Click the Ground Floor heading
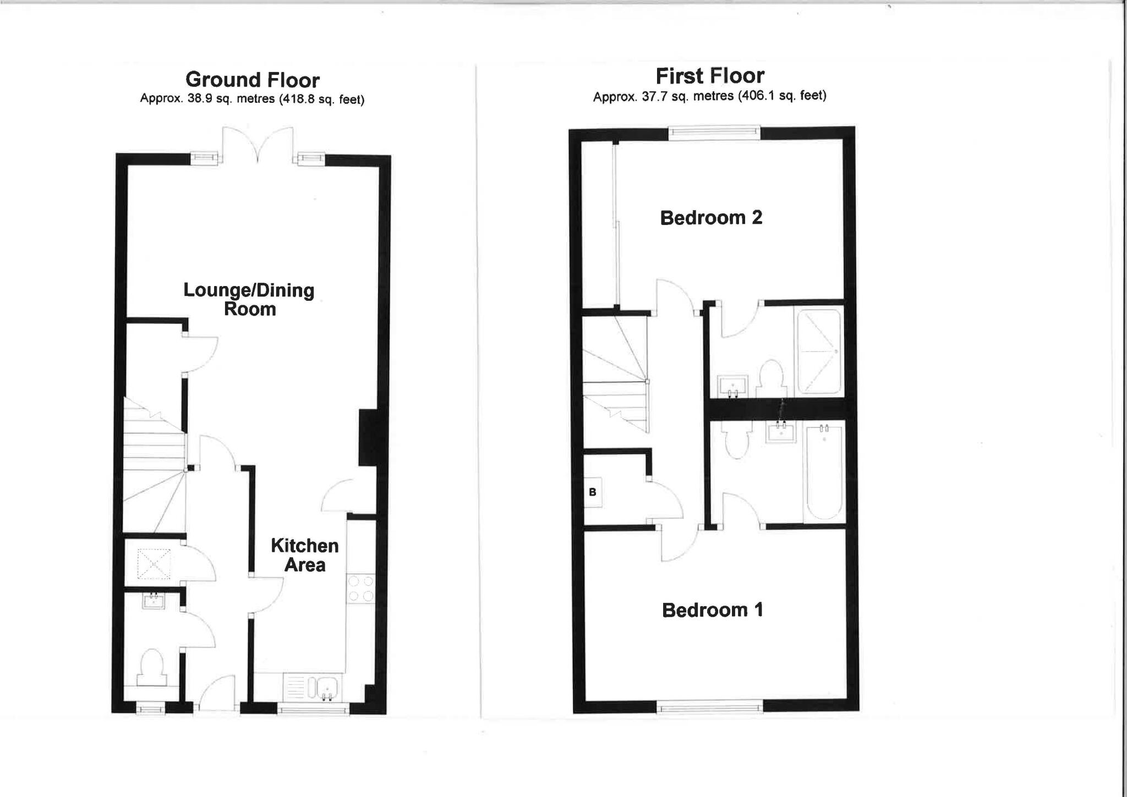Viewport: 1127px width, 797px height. click(252, 80)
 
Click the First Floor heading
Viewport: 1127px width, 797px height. click(710, 76)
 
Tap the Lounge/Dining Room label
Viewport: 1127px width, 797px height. click(249, 299)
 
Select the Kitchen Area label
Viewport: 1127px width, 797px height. click(304, 555)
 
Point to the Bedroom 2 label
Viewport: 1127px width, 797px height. click(711, 218)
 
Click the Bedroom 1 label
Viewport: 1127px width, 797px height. click(712, 610)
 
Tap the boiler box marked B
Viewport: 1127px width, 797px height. click(593, 492)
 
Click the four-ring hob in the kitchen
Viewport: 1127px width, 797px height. click(361, 589)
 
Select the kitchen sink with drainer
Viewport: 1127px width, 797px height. click(313, 687)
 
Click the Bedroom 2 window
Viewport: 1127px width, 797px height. click(714, 132)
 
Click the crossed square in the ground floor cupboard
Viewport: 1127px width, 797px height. click(154, 564)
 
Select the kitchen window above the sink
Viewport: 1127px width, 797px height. click(313, 710)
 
